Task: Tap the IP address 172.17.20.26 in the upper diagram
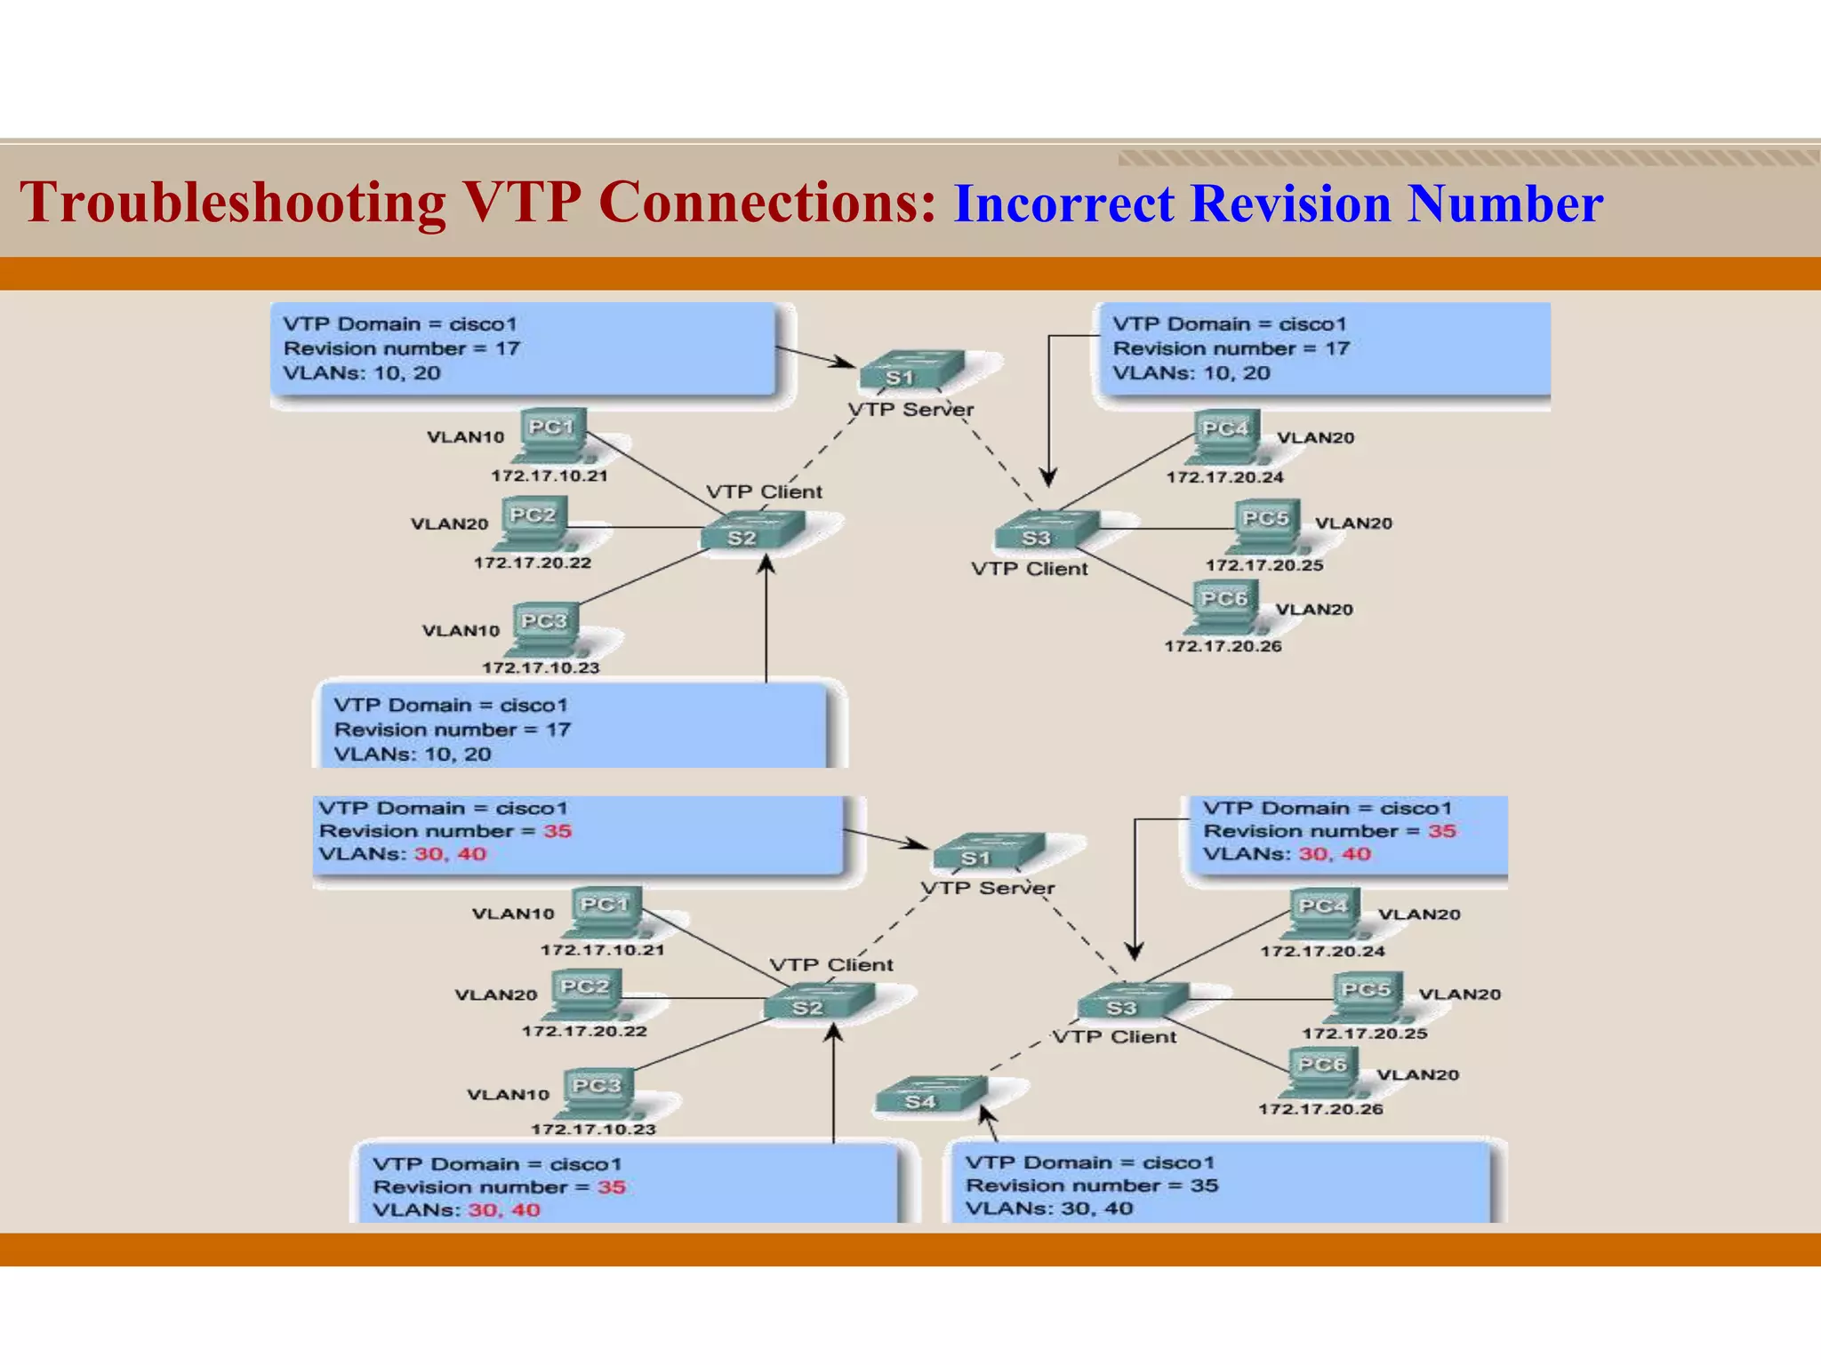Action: pos(1223,646)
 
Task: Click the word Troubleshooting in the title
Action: pos(233,203)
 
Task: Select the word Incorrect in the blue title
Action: pos(1063,204)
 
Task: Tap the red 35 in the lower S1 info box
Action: pos(558,831)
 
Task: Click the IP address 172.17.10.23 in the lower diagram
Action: pos(593,1130)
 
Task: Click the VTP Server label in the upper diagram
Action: pos(910,410)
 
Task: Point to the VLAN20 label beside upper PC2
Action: pos(449,524)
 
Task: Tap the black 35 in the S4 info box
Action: pos(1204,1185)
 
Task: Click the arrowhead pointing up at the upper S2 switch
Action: pos(766,563)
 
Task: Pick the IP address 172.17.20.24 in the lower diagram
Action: pos(1322,951)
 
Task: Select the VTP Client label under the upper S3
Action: pos(1029,569)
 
